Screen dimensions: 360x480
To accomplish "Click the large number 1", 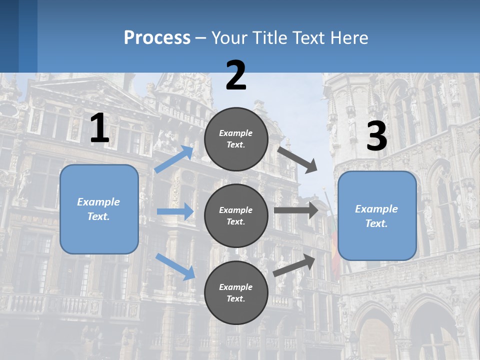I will (99, 128).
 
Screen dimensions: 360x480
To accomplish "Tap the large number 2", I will (236, 75).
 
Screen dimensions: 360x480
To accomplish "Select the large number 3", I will (376, 136).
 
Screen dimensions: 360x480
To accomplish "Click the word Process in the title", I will (157, 37).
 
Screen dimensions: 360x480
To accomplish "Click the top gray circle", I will (236, 138).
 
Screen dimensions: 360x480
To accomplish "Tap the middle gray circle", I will (236, 215).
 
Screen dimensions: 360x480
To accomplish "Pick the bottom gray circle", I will (236, 292).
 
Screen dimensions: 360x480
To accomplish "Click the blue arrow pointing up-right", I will (174, 159).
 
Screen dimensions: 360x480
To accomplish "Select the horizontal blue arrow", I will (175, 211).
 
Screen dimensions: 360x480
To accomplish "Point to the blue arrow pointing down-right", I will (175, 266).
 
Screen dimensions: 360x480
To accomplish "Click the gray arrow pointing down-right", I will (297, 159).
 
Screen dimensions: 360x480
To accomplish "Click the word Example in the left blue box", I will (98, 202).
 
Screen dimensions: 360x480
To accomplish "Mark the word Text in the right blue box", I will (376, 223).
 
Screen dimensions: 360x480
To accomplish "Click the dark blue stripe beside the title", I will (27, 36).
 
